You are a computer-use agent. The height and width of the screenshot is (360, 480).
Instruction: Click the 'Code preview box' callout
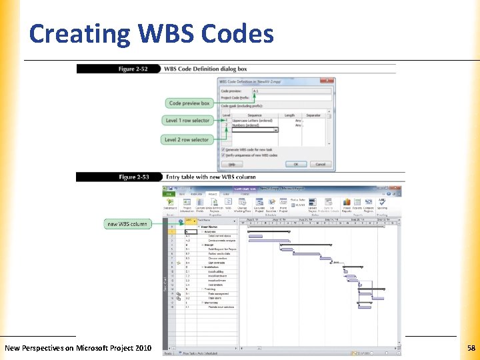[x=189, y=103]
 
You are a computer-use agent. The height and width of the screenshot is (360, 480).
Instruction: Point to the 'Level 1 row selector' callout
[x=187, y=121]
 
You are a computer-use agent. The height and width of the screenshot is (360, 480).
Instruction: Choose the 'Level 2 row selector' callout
[x=187, y=140]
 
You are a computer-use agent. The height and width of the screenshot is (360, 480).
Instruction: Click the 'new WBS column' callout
[x=127, y=224]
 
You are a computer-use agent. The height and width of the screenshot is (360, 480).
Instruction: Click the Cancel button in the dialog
[x=320, y=164]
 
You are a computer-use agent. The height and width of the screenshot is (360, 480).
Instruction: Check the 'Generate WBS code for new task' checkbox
[x=223, y=149]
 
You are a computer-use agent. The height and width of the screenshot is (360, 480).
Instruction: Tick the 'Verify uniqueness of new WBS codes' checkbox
[x=223, y=155]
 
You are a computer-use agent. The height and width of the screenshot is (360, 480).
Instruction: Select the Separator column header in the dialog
[x=313, y=115]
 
